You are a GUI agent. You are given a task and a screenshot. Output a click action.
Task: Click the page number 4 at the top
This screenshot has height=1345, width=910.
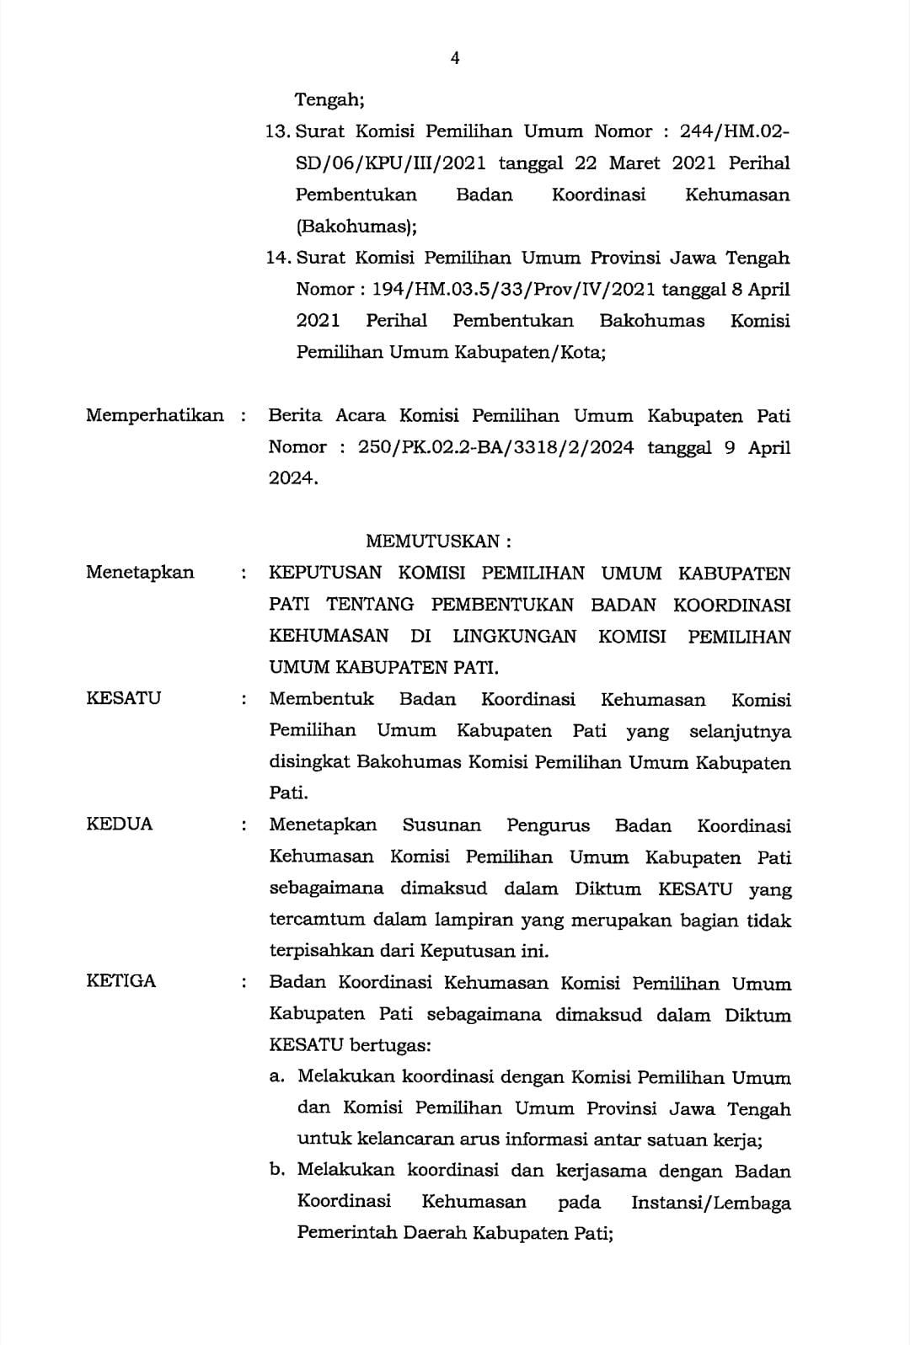pyautogui.click(x=455, y=57)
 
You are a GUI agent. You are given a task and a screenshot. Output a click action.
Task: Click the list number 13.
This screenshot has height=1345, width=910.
pyautogui.click(x=277, y=131)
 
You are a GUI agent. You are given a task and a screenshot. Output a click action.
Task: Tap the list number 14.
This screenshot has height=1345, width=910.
pyautogui.click(x=277, y=258)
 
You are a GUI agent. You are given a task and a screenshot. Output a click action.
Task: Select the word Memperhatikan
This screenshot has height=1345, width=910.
pyautogui.click(x=155, y=415)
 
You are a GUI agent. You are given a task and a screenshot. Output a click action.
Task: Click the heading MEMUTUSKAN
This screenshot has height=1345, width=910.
pyautogui.click(x=438, y=541)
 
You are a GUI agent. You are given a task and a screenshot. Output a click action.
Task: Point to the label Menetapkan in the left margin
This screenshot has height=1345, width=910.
pyautogui.click(x=140, y=573)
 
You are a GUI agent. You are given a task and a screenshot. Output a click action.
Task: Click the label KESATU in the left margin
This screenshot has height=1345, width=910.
pyautogui.click(x=123, y=698)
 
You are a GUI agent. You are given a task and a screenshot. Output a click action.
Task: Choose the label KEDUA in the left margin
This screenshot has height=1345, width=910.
pyautogui.click(x=120, y=824)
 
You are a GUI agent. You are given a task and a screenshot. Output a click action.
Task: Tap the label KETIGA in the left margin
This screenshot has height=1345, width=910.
pyautogui.click(x=121, y=981)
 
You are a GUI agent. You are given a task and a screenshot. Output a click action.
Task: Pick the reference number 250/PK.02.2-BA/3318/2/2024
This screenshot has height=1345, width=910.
pyautogui.click(x=495, y=447)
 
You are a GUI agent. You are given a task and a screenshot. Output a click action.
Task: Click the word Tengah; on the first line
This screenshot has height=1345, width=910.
pyautogui.click(x=329, y=100)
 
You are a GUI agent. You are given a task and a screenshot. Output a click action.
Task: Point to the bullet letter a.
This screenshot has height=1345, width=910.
pyautogui.click(x=276, y=1077)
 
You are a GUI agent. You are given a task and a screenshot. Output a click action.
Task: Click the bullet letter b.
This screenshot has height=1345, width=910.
pyautogui.click(x=276, y=1171)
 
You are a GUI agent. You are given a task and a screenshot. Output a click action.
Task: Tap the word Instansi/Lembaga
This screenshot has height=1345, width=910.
pyautogui.click(x=711, y=1203)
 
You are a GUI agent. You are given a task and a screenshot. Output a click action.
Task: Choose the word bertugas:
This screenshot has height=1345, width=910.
pyautogui.click(x=390, y=1046)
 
